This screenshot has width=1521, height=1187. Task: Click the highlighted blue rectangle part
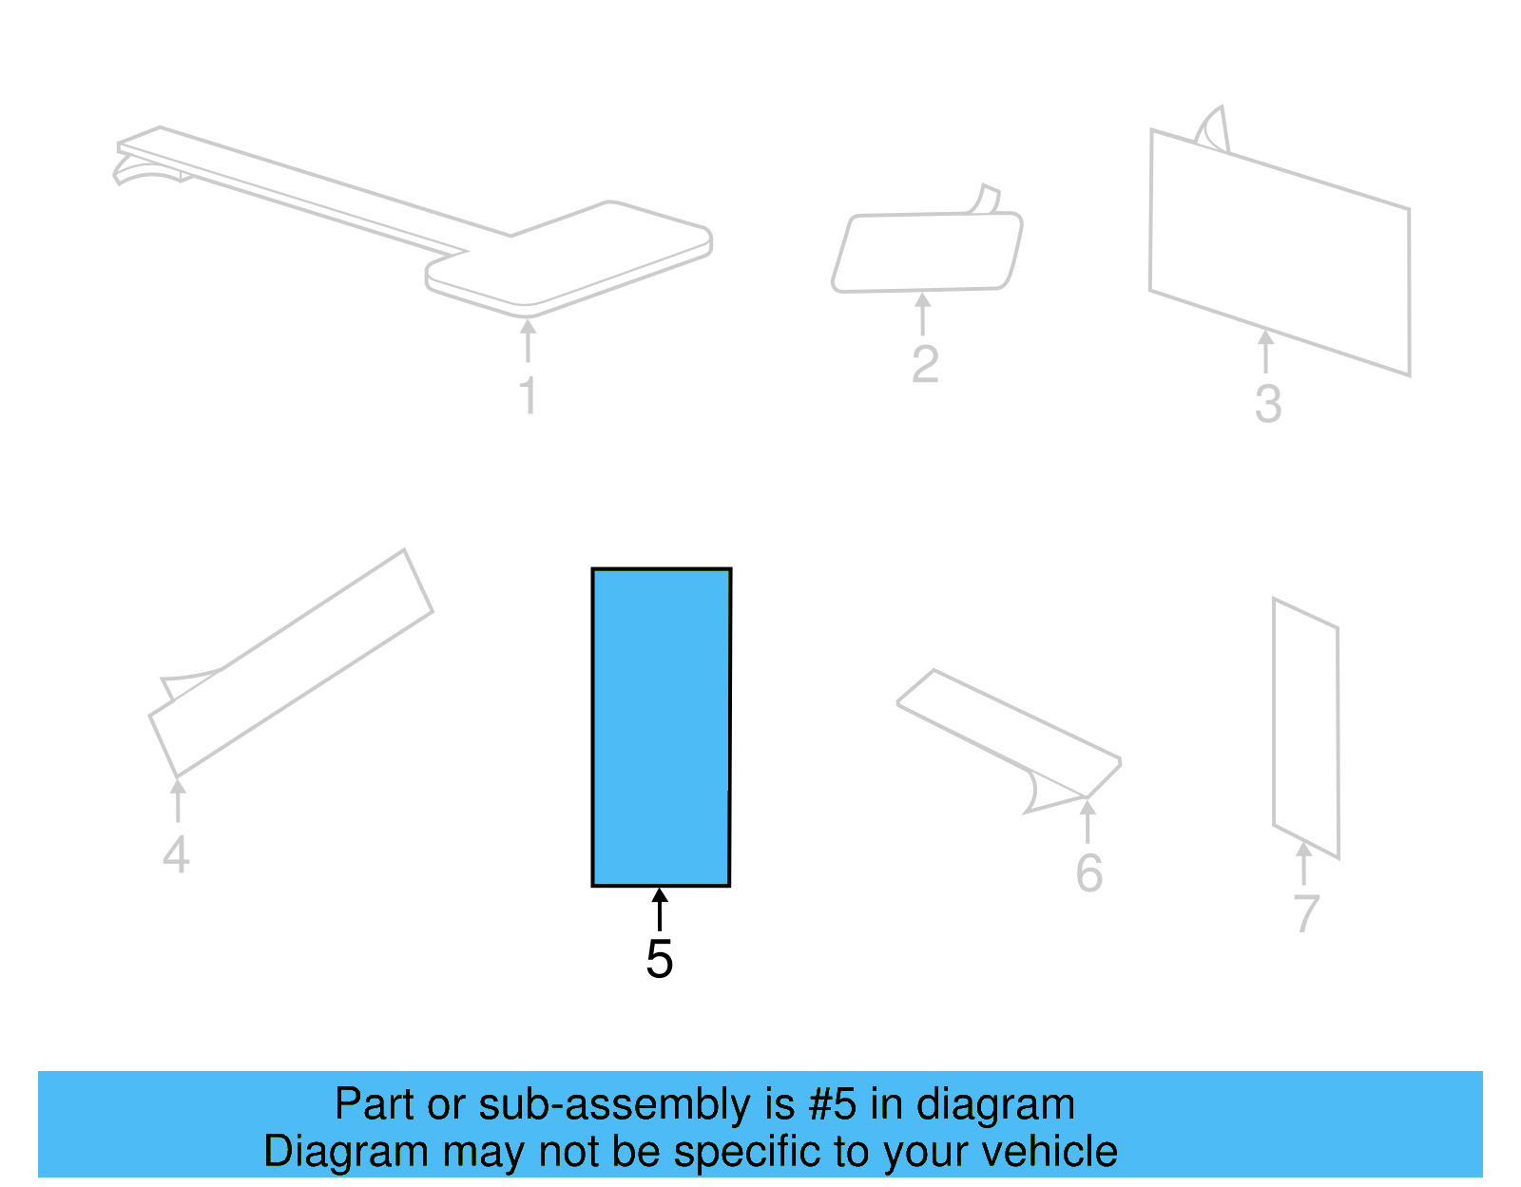point(661,727)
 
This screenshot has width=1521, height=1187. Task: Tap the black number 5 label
point(659,959)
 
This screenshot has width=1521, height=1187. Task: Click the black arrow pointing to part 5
point(659,909)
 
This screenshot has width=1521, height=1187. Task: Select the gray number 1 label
point(529,395)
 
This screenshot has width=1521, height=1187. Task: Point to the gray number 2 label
point(925,364)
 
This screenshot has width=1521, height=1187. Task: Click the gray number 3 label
point(1267,404)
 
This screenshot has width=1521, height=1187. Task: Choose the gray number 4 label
point(176,854)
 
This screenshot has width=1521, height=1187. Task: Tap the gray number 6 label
point(1088,873)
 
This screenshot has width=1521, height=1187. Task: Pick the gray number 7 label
point(1306,913)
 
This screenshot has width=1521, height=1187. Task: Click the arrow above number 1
point(528,340)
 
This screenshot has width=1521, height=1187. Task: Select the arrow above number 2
point(922,314)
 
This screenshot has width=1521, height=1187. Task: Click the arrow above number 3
point(1265,351)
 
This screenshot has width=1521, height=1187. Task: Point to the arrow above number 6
point(1088,821)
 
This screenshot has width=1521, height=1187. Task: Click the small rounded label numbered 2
point(927,252)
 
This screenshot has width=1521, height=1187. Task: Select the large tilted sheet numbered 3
point(1279,252)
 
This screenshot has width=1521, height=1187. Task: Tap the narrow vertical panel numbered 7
point(1305,727)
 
